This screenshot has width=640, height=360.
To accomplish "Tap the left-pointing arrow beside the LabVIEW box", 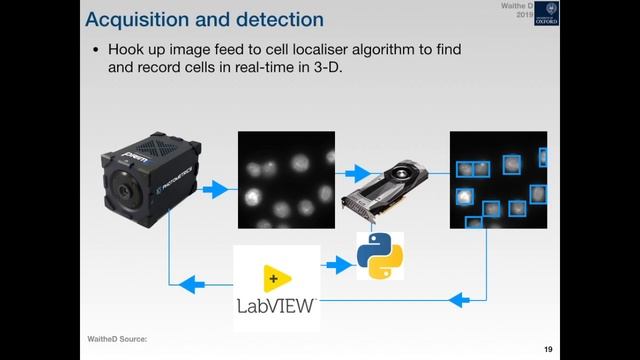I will tap(194, 285).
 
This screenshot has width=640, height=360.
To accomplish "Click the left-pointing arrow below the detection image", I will tap(461, 299).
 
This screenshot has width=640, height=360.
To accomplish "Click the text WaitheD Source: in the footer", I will tap(117, 340).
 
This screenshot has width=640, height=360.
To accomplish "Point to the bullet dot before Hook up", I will tap(96, 50).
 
